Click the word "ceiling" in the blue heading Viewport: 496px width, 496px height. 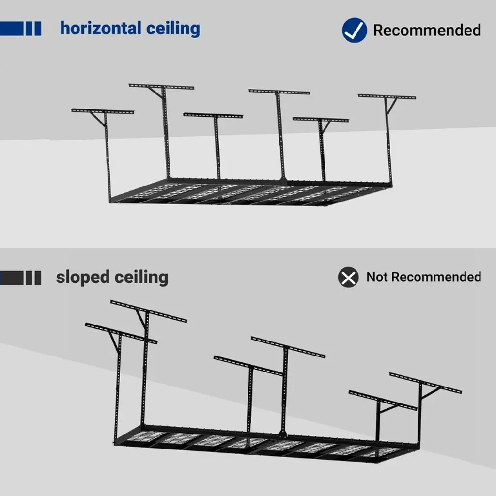click(173, 28)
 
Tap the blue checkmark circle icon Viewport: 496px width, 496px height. click(354, 30)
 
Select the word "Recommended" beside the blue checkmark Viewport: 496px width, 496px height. click(427, 30)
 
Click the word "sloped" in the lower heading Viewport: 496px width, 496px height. click(83, 277)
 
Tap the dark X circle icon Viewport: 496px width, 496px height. click(348, 278)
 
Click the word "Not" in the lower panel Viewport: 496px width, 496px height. click(377, 277)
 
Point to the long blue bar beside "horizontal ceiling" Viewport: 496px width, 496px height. click(11, 28)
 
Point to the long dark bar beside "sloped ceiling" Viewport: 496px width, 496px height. click(11, 278)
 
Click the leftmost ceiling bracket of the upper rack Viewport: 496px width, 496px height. click(102, 112)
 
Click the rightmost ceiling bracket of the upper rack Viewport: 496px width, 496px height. click(387, 97)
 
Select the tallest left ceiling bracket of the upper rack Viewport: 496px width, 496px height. click(161, 87)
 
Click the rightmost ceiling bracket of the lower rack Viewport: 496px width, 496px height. click(425, 383)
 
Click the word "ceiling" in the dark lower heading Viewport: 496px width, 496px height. click(141, 277)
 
